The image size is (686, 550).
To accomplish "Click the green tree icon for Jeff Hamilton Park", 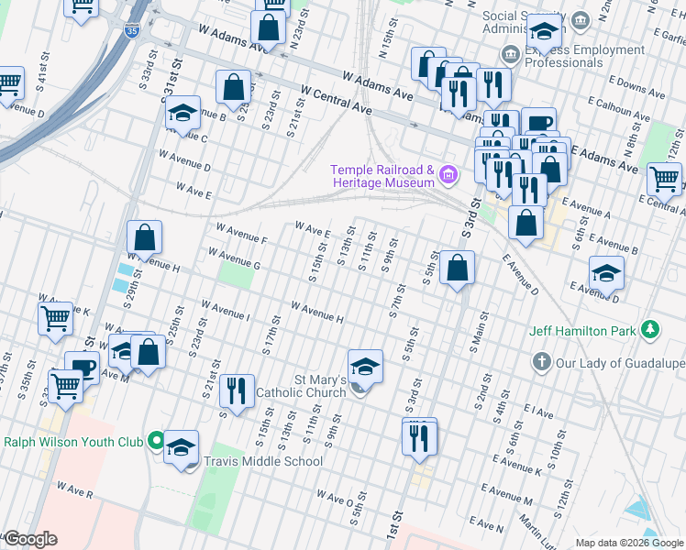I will pyautogui.click(x=649, y=329).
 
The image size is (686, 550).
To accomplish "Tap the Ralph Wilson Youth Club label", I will pyautogui.click(x=72, y=441).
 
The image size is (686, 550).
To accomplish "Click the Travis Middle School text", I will pyautogui.click(x=263, y=461).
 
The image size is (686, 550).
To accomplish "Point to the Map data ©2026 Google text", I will pyautogui.click(x=628, y=543).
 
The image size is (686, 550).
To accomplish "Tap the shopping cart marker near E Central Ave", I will pyautogui.click(x=665, y=179).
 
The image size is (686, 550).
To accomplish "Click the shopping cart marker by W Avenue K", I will pyautogui.click(x=55, y=318).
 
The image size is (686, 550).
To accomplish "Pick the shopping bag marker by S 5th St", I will pyautogui.click(x=457, y=268).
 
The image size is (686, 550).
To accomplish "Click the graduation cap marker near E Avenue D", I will pyautogui.click(x=606, y=273).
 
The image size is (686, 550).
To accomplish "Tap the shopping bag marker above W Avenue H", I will pyautogui.click(x=145, y=237).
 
